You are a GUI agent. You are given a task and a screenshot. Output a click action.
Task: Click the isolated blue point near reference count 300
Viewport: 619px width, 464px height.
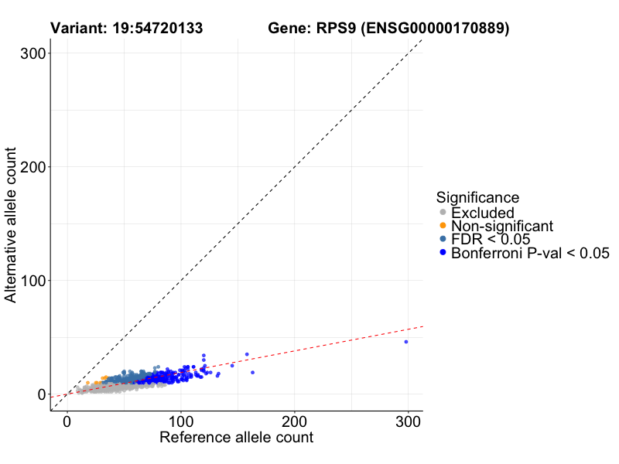pos(405,342)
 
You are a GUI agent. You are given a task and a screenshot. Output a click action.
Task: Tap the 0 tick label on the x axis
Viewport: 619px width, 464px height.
pos(67,422)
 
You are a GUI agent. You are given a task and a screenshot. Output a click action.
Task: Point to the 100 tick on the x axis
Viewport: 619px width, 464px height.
pos(181,422)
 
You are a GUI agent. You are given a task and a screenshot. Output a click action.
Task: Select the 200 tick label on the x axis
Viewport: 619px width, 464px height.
pos(295,422)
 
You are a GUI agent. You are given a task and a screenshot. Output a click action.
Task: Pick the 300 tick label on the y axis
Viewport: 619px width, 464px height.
pos(30,53)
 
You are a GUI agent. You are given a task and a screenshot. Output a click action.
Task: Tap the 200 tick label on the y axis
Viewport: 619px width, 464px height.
pos(30,167)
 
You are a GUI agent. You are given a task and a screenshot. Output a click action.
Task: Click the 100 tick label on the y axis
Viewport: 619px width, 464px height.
pos(30,281)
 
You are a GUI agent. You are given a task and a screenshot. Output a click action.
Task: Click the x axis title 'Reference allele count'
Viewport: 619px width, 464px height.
pos(236,438)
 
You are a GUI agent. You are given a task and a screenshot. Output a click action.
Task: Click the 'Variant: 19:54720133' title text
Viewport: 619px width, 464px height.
pos(127,29)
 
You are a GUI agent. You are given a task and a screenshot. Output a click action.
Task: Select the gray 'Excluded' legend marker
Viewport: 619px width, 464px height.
pos(443,213)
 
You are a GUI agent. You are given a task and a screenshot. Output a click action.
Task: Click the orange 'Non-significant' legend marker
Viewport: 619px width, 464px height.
pos(443,226)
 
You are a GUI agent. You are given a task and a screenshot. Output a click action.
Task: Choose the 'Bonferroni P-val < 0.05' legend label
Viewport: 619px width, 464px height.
pos(531,253)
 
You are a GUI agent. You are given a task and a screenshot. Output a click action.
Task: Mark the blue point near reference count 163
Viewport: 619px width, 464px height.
pos(252,373)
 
